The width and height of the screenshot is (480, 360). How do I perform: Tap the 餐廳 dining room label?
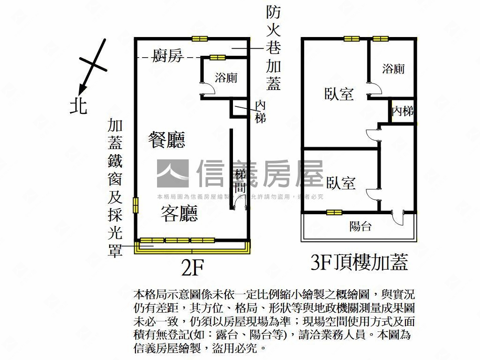click(166, 140)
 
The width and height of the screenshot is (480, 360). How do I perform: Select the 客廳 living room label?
click(179, 213)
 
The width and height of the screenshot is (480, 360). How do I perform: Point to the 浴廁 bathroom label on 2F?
click(225, 78)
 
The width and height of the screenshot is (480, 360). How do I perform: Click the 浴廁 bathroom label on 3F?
click(393, 69)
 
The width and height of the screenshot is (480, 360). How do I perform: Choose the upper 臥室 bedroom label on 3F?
click(339, 94)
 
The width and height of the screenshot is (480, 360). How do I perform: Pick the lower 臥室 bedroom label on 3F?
click(341, 182)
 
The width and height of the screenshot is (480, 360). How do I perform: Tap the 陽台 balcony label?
click(360, 227)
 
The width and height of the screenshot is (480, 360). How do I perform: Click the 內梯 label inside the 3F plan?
click(403, 112)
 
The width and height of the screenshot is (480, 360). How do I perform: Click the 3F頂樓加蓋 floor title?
click(359, 262)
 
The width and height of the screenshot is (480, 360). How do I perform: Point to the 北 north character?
click(79, 106)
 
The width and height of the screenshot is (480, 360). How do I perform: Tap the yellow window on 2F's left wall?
click(136, 204)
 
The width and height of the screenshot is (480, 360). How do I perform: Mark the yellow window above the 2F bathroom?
click(217, 58)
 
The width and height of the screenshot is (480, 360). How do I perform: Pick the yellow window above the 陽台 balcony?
click(334, 212)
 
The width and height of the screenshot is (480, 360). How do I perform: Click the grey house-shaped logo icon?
click(172, 173)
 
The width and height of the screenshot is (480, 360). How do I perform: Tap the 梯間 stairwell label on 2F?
click(240, 181)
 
